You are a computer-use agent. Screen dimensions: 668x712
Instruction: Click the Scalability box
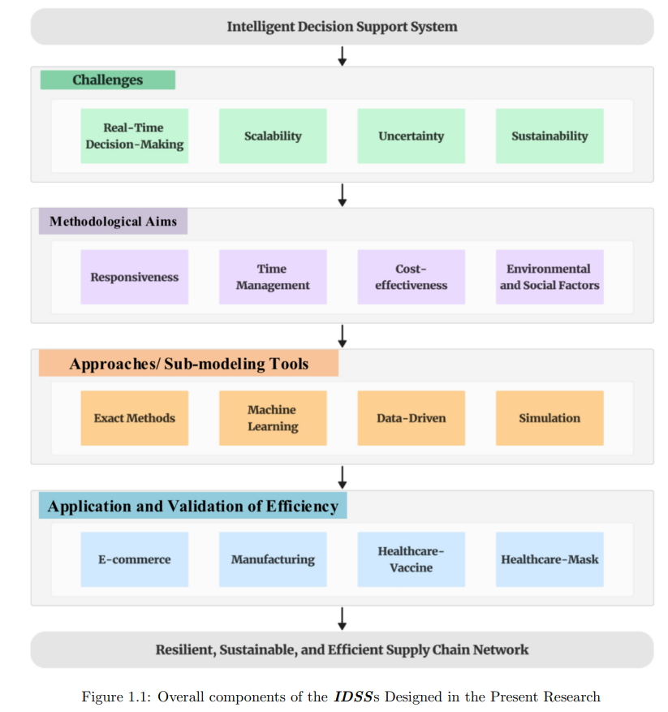click(273, 136)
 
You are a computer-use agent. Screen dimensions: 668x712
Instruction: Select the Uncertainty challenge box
click(411, 136)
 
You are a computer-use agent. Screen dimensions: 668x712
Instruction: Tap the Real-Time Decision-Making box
click(135, 136)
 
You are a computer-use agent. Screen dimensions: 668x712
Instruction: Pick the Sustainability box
click(549, 136)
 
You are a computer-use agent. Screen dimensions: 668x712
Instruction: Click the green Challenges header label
click(108, 80)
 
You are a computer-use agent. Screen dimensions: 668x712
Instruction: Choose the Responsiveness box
click(135, 277)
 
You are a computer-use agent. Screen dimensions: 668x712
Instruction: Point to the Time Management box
click(273, 277)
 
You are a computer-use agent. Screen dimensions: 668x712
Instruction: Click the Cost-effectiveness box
click(411, 277)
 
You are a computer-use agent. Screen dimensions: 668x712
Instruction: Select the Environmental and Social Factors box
click(549, 277)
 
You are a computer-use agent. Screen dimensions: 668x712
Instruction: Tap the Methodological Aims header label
click(113, 221)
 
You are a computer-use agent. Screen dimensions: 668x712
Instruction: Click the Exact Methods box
click(135, 418)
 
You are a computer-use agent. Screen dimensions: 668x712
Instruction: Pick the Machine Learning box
click(273, 418)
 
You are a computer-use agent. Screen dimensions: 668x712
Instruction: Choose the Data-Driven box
click(411, 418)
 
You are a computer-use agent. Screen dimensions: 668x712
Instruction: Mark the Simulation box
click(549, 418)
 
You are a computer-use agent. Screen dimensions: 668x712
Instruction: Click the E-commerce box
click(135, 559)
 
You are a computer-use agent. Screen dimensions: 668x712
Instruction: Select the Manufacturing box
click(273, 559)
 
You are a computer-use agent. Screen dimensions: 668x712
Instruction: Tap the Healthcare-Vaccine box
click(411, 559)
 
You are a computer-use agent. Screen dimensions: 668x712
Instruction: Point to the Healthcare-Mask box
click(549, 559)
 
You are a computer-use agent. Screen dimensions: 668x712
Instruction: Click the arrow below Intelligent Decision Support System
click(343, 56)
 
